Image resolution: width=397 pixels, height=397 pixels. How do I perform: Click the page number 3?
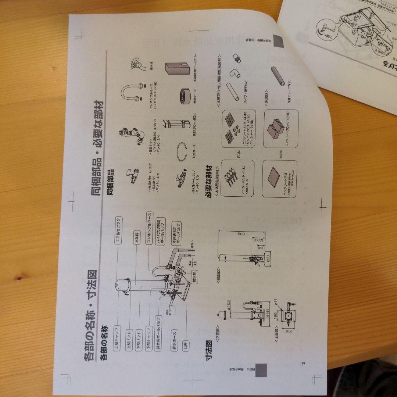(304, 364)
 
